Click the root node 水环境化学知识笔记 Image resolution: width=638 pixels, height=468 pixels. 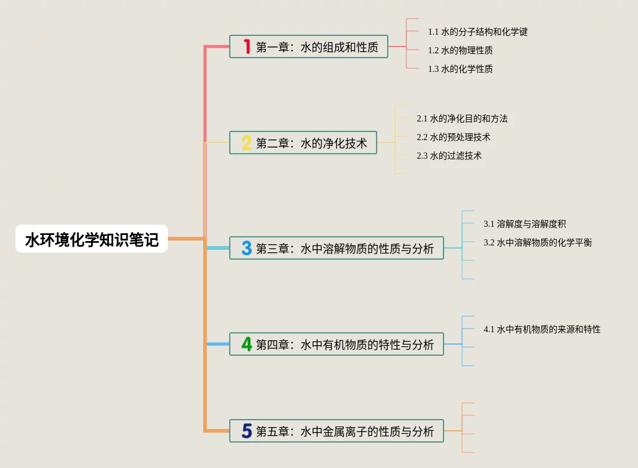point(92,239)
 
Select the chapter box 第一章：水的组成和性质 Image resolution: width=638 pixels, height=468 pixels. point(308,46)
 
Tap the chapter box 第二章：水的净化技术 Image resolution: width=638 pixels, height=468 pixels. point(303,143)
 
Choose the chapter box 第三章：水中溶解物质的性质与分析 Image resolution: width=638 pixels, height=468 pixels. point(336,248)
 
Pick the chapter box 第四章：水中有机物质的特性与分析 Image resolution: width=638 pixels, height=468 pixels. point(336,345)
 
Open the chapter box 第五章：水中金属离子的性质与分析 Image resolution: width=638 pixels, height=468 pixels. point(336,431)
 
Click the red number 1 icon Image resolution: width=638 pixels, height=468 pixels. point(247,46)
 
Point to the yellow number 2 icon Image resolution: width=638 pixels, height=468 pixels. point(247,143)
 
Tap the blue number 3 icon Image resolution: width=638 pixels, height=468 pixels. point(247,248)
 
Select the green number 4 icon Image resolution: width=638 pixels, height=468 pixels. point(247,345)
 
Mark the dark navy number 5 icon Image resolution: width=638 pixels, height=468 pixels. point(247,431)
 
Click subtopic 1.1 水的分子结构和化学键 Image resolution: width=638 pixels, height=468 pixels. point(478,32)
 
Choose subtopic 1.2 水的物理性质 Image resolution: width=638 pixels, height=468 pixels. point(460,50)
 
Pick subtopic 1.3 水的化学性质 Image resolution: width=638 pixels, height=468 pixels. point(460,69)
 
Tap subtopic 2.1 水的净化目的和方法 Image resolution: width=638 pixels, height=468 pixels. point(462,118)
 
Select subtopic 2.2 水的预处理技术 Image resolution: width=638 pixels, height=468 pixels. point(453,137)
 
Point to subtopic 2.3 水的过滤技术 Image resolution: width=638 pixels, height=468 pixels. point(449,156)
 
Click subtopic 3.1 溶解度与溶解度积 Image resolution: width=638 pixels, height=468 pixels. point(525,224)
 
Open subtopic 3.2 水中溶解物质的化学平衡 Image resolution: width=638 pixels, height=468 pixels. point(538,242)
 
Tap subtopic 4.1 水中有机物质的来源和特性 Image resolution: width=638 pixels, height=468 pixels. point(542,329)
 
